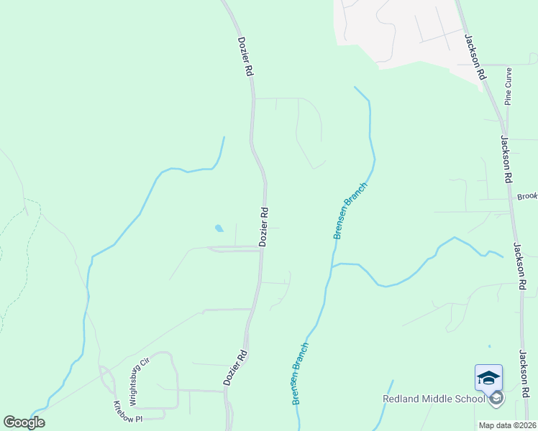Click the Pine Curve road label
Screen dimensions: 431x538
[508, 86]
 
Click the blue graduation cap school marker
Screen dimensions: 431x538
[488, 377]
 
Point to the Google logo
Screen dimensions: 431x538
[24, 422]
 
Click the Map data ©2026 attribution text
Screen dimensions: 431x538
[508, 425]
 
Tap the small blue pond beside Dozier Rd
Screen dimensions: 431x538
[219, 229]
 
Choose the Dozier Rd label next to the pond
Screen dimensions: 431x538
[264, 228]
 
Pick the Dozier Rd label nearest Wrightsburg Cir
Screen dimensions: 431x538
[235, 368]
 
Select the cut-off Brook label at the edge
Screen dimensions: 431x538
[528, 196]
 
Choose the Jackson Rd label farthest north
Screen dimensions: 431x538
[474, 56]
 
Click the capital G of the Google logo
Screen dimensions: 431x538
[9, 422]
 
